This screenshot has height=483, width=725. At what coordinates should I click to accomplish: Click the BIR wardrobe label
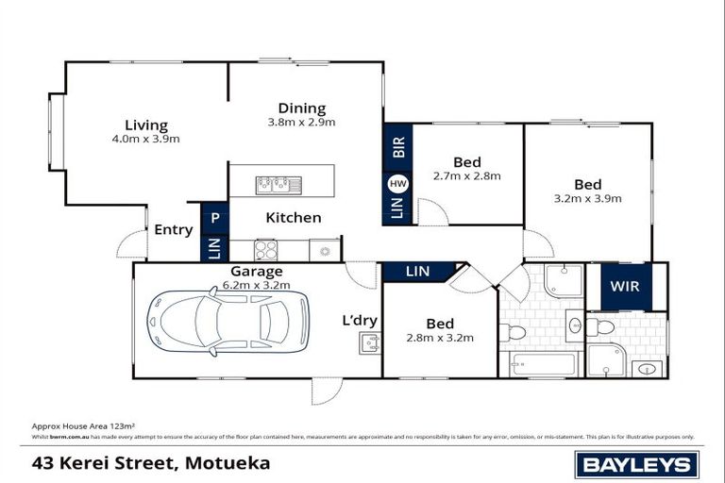[397, 146]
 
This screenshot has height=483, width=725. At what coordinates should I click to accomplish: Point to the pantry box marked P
[215, 218]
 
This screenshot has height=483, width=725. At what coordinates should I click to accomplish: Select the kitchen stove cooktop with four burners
[266, 250]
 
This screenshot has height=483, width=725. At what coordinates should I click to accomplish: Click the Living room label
[146, 125]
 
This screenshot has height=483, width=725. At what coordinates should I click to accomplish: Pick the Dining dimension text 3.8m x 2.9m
[301, 122]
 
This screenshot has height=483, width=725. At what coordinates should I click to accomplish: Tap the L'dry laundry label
[360, 321]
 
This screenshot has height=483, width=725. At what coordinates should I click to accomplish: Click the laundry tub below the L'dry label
[368, 343]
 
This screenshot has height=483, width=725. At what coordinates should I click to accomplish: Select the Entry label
[173, 229]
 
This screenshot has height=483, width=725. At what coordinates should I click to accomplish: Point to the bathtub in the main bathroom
[542, 363]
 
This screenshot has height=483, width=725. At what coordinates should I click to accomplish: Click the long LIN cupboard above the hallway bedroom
[417, 272]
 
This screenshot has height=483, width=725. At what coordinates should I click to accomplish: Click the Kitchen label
[293, 218]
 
